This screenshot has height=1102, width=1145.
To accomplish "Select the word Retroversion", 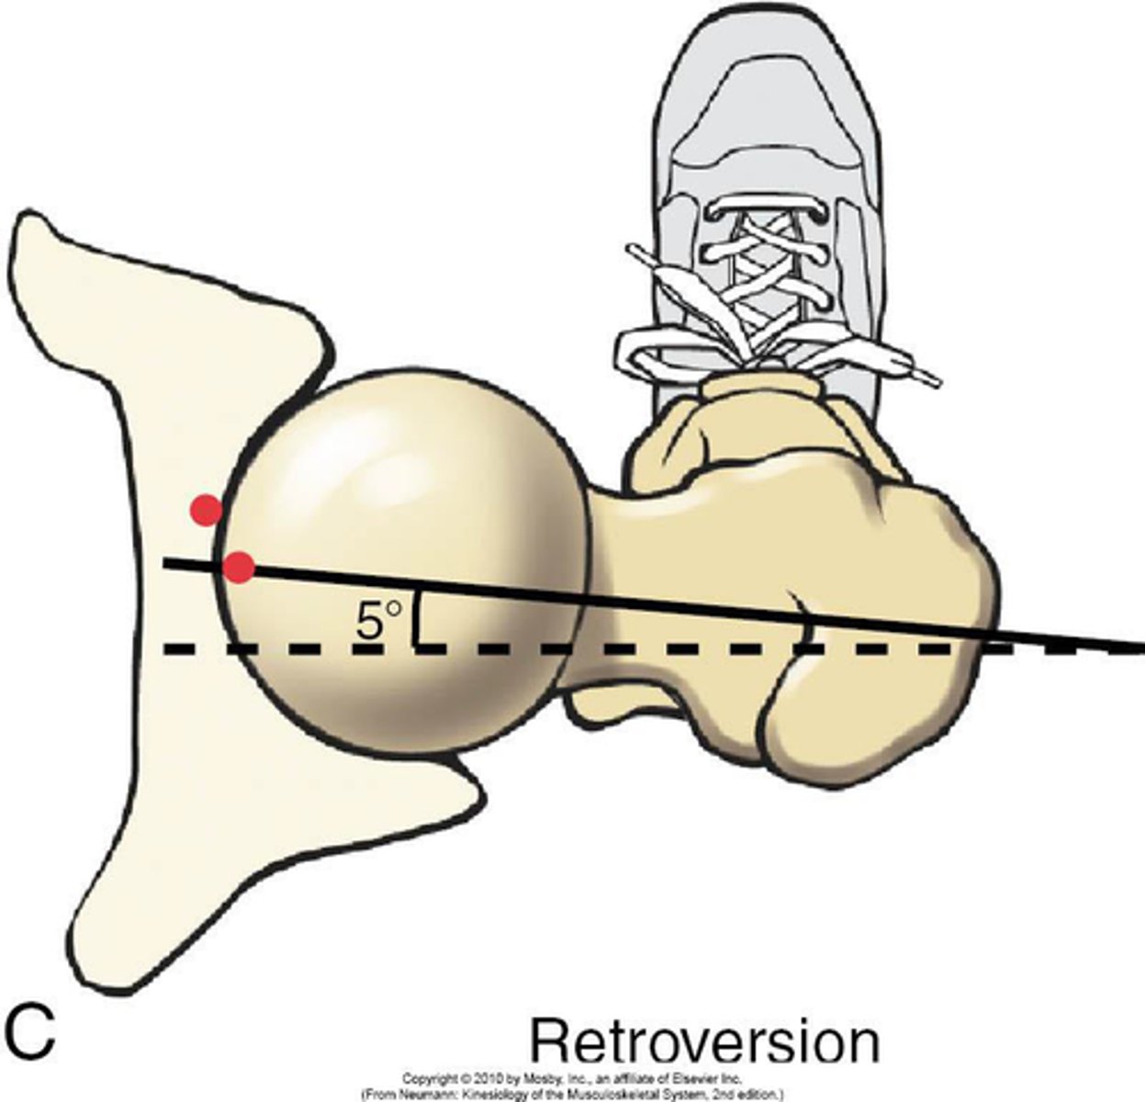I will click(x=704, y=1042).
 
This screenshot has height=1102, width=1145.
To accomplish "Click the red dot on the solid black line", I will click(x=239, y=568).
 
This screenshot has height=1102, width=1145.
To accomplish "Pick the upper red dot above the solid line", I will click(x=206, y=509).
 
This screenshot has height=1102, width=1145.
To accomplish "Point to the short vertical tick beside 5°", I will click(x=418, y=620).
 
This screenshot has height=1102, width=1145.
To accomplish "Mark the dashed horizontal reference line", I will click(x=643, y=649).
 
